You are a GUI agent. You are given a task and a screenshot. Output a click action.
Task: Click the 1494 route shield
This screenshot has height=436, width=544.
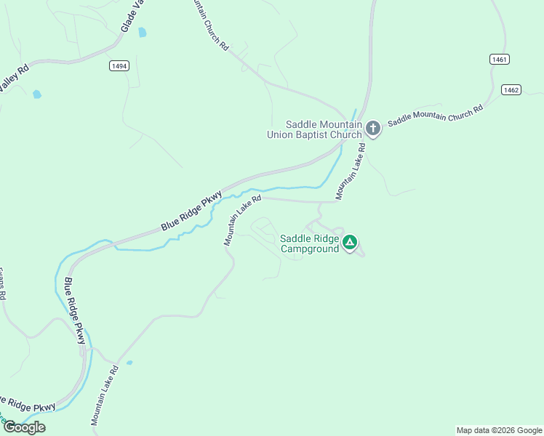tap(120, 66)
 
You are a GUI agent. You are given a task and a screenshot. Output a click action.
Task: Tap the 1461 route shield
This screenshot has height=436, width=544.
tap(499, 60)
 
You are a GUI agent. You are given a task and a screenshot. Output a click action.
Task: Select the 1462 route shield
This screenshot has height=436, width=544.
tap(511, 89)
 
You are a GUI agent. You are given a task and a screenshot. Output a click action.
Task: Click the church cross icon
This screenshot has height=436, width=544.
tap(372, 129)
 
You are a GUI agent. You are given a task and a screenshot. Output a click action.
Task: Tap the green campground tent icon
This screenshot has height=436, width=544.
tap(350, 242)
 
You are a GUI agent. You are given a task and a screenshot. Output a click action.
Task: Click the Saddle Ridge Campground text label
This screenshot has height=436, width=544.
tap(310, 243)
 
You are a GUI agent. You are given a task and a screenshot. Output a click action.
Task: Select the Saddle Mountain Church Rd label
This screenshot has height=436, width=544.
tap(435, 116)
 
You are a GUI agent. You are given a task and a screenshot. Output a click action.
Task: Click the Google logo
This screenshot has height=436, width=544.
tap(24, 427)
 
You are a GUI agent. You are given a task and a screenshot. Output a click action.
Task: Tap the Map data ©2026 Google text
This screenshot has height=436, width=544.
tap(498, 430)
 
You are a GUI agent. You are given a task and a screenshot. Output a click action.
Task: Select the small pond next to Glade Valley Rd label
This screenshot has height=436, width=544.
tap(143, 33)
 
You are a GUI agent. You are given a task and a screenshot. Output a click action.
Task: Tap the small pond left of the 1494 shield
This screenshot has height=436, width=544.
tap(36, 94)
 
